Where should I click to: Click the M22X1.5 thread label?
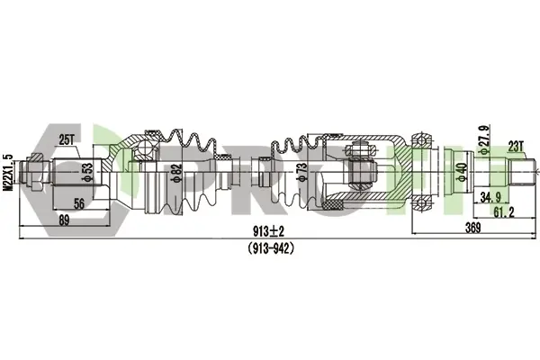7,173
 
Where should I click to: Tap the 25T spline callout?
67,140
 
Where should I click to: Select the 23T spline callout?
516,147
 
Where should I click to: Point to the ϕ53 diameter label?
88,172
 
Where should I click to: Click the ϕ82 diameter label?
176,173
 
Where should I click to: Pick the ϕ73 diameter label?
301,172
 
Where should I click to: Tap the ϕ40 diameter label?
463,172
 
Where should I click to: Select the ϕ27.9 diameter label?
484,140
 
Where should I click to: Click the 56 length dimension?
78,203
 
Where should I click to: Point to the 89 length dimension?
64,220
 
